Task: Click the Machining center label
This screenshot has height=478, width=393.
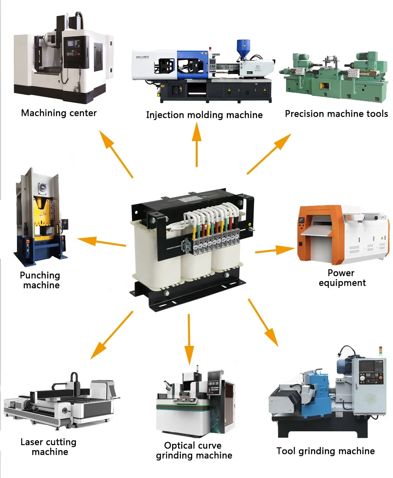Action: point(59,113)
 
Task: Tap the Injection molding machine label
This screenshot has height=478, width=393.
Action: point(204,115)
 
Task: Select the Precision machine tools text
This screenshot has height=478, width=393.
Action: point(336,114)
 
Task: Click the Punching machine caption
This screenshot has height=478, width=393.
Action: point(40,280)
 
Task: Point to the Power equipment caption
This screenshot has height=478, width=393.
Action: point(342,278)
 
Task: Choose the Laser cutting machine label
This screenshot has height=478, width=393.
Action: point(49,447)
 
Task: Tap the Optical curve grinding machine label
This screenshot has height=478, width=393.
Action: point(194,450)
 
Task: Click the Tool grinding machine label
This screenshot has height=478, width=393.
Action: point(325,451)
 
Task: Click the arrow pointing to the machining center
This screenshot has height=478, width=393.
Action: point(116,154)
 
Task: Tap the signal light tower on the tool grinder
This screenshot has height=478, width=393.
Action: point(380,351)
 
